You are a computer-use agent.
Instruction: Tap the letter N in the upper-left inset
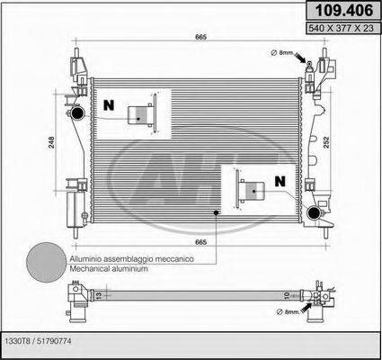coord(109,104)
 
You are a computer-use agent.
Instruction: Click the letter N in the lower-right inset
coord(280,181)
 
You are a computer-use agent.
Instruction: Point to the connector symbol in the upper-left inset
coord(138,113)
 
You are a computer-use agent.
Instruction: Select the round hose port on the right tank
coord(314,212)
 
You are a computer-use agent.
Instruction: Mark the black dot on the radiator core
coord(215,212)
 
